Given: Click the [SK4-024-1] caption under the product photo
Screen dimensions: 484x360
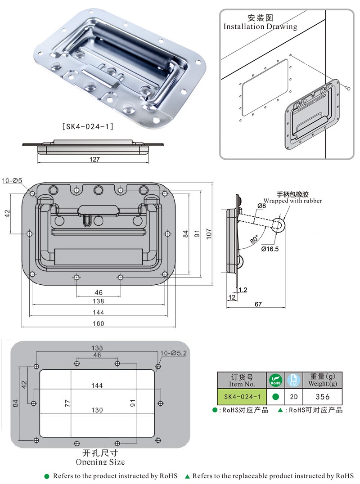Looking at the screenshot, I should point(87,127).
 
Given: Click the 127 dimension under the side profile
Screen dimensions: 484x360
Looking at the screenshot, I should point(94,159).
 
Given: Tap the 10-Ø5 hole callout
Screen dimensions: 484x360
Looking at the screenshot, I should point(13,181).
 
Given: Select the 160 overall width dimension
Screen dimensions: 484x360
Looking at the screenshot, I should point(98,323).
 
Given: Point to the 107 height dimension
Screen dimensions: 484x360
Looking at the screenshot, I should point(209,234).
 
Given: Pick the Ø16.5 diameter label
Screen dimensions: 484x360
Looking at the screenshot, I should point(270,249).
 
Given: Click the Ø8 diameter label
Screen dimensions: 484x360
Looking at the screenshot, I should point(261,206).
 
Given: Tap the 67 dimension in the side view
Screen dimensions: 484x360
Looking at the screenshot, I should point(258,304).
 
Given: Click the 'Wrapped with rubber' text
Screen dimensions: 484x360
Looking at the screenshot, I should point(292,201).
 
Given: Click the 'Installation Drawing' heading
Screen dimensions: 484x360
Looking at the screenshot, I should point(260,27).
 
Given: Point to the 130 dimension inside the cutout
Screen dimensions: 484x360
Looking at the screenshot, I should point(97,410).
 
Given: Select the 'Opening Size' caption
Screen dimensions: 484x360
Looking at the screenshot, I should point(100,462).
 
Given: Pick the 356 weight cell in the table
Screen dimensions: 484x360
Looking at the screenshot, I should point(323,396).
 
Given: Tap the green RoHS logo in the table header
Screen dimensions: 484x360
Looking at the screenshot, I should point(275,381).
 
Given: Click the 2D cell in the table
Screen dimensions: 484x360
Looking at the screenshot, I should point(293,396).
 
